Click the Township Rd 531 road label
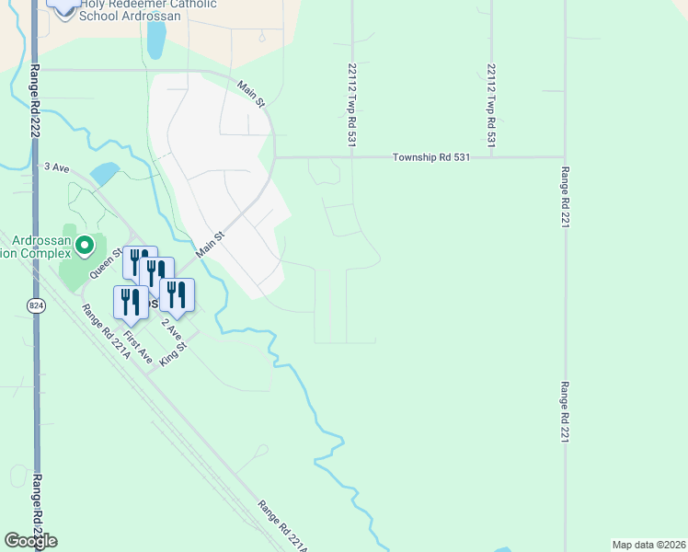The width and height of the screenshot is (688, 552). (x=431, y=157)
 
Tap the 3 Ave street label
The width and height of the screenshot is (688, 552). (x=57, y=167)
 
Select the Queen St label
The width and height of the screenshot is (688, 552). (x=105, y=263)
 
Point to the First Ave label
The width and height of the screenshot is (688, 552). (x=138, y=346)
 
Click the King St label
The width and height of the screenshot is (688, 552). (x=173, y=354)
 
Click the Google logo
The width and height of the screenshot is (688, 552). (x=31, y=541)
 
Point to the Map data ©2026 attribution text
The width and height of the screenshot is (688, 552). (x=648, y=545)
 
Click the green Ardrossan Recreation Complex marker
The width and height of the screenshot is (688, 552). (x=85, y=246)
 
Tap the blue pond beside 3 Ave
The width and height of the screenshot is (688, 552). (x=104, y=173)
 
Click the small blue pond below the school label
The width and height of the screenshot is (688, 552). (x=156, y=40)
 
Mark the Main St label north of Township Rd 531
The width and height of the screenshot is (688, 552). (x=250, y=94)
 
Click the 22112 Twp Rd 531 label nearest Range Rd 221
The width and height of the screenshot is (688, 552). (x=492, y=106)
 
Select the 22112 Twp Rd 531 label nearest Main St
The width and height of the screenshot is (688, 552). (x=351, y=104)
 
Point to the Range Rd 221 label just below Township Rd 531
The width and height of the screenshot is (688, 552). (x=565, y=201)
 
